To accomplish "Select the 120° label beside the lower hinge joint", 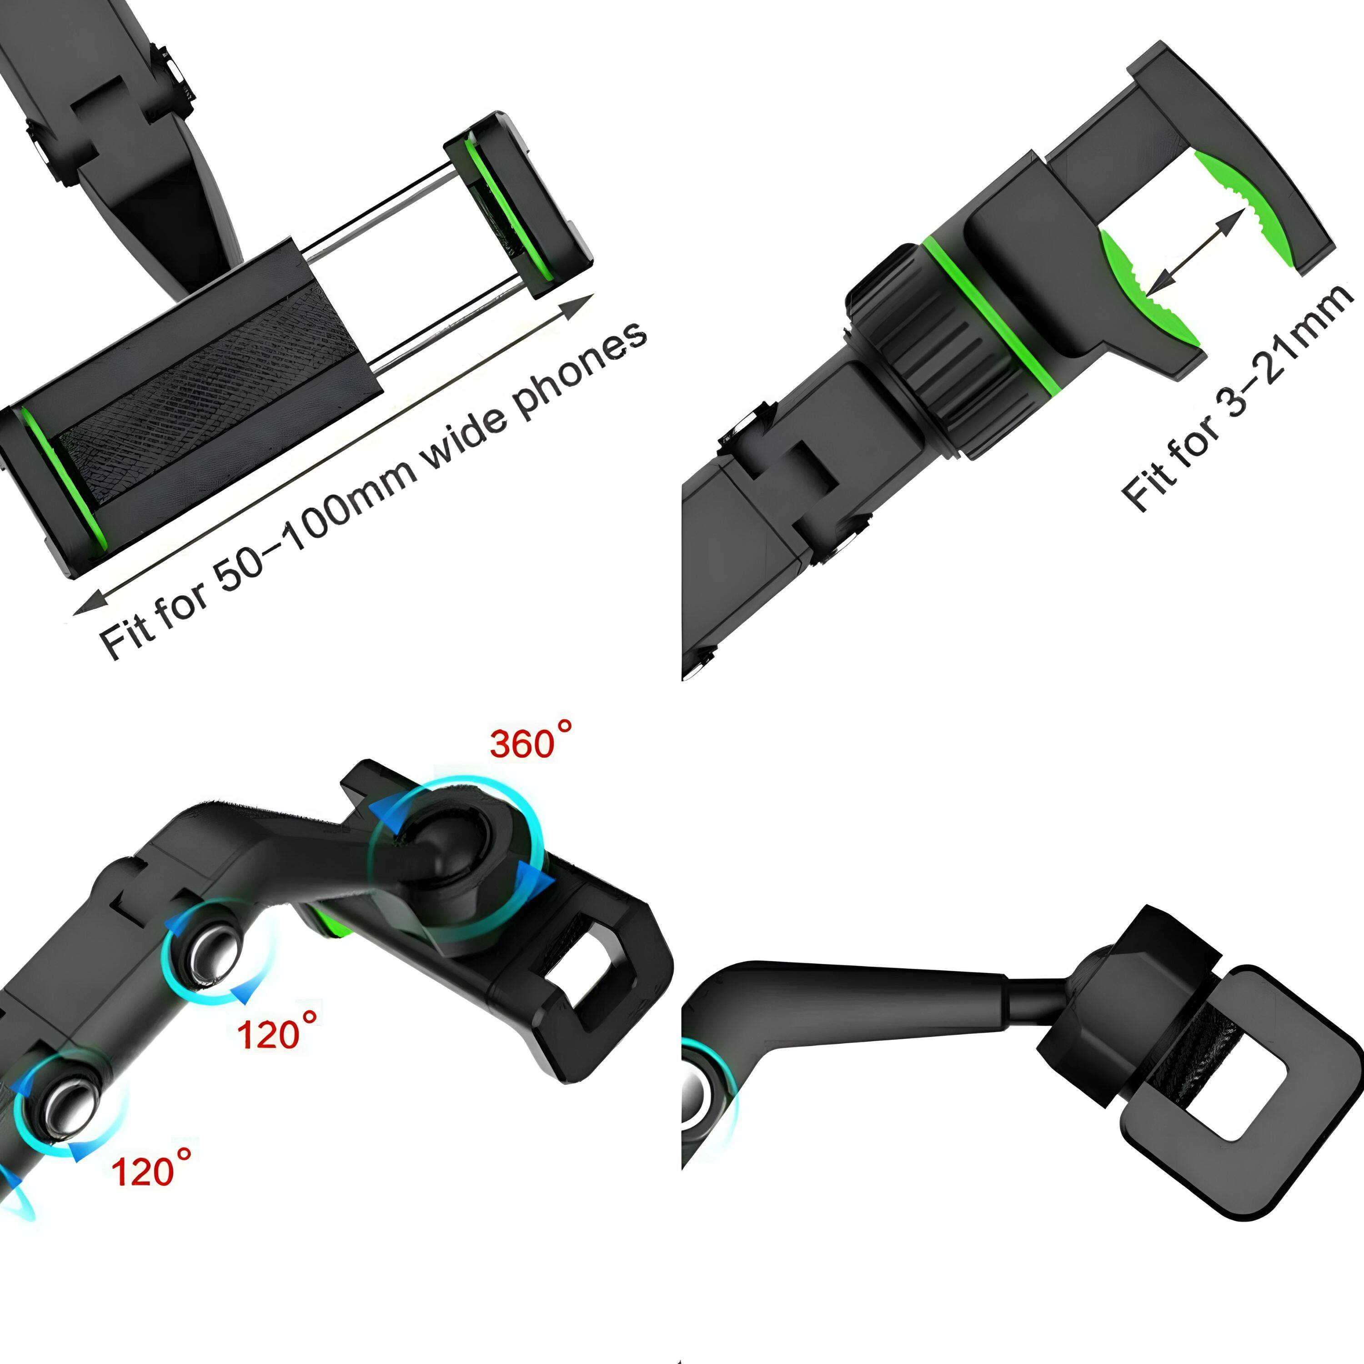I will pos(151,1168).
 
